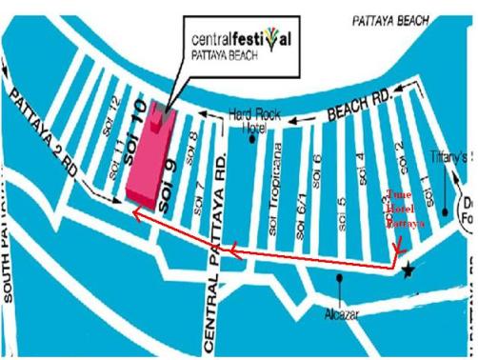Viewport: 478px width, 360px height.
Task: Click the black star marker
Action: coord(408,271)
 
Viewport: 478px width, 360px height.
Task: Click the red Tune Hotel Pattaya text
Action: coord(403,210)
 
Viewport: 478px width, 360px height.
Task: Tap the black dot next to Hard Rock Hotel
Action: coord(251,139)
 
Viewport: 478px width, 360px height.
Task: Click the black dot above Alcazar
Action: coord(340,280)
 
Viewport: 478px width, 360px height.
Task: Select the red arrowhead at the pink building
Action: coord(137,215)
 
